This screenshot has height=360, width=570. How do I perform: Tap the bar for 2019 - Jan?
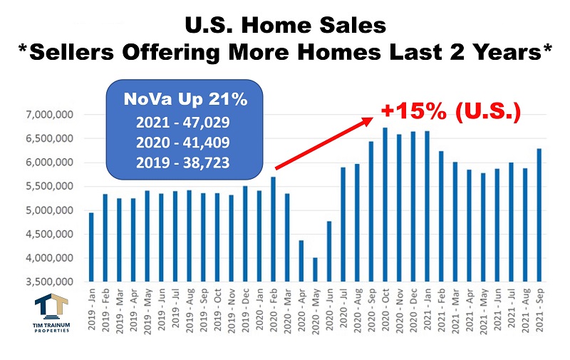tap(91, 246)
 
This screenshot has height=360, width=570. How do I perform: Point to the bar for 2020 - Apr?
tap(301, 260)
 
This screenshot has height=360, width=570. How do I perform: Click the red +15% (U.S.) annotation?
tap(451, 112)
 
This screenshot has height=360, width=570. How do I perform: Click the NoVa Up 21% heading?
tap(186, 99)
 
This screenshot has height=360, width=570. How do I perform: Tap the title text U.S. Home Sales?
tap(285, 26)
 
